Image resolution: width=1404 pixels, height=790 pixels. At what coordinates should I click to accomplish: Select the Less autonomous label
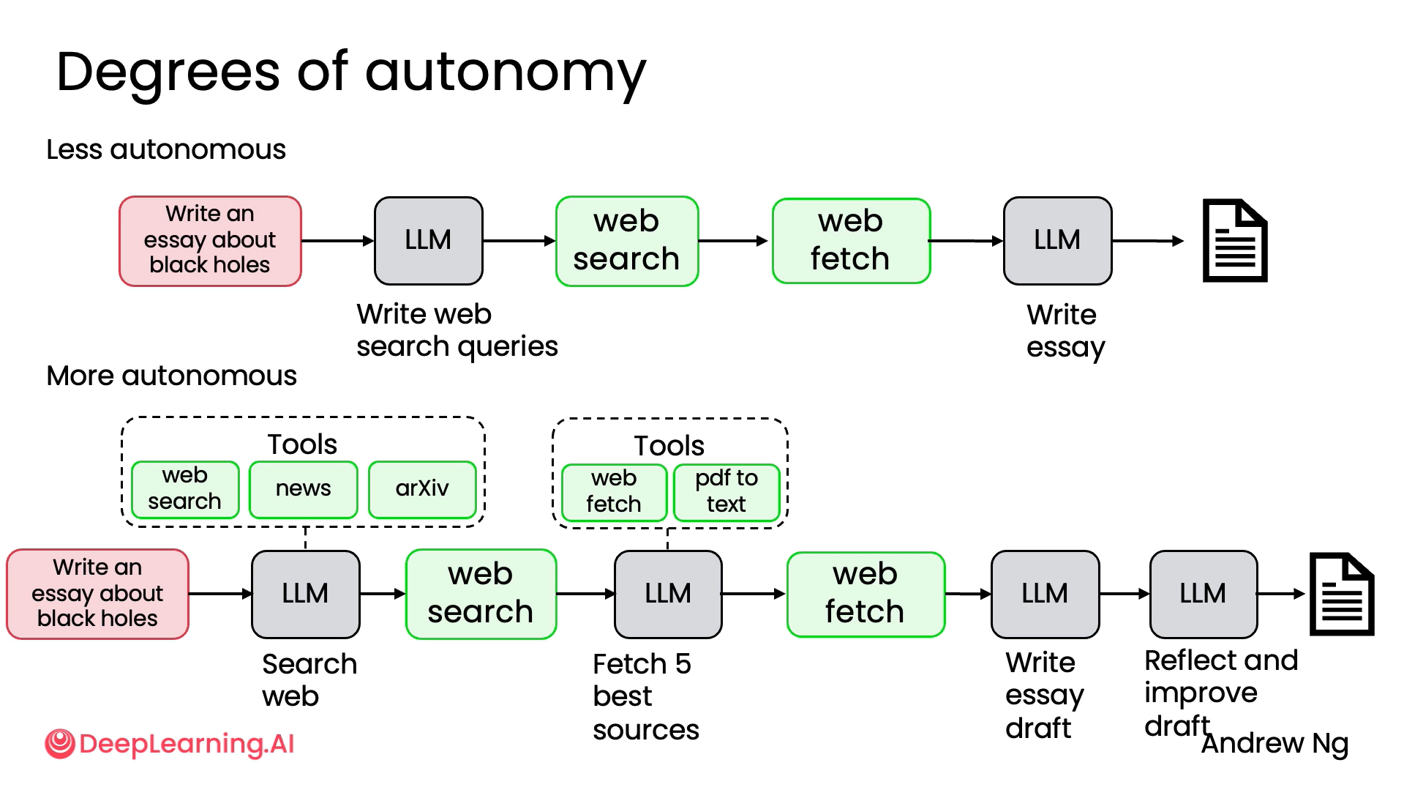166,149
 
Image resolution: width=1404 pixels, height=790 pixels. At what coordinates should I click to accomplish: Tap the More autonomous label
171,376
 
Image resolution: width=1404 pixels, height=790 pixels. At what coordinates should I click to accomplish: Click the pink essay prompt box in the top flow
210,240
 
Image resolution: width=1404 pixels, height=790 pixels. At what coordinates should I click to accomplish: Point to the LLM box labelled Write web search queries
428,240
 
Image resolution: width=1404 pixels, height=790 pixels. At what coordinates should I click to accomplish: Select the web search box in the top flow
627,240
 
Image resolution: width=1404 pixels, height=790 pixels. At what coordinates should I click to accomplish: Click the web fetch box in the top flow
851,240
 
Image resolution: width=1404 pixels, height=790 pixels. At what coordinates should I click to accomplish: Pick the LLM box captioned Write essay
1057,240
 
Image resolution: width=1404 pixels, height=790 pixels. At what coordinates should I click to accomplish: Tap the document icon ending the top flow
1235,240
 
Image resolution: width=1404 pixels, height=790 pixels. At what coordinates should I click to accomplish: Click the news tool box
303,488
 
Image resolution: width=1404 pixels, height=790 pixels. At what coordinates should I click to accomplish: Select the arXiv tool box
422,488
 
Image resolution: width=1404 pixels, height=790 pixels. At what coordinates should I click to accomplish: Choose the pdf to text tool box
727,491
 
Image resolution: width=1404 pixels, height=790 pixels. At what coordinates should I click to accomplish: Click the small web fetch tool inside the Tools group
614,491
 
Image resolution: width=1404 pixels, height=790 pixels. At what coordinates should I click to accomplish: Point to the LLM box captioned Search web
305,594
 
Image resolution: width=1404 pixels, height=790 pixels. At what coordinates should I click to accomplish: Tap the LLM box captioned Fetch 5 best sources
668,594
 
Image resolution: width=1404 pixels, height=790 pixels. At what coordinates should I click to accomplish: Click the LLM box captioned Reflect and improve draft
1203,594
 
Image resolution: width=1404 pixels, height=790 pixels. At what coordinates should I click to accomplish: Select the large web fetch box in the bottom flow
866,594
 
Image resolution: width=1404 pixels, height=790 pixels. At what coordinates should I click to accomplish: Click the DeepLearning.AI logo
170,744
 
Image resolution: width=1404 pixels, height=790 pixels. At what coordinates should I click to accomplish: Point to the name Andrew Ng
1275,744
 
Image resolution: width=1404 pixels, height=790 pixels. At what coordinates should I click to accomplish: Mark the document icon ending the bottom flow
1341,594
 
